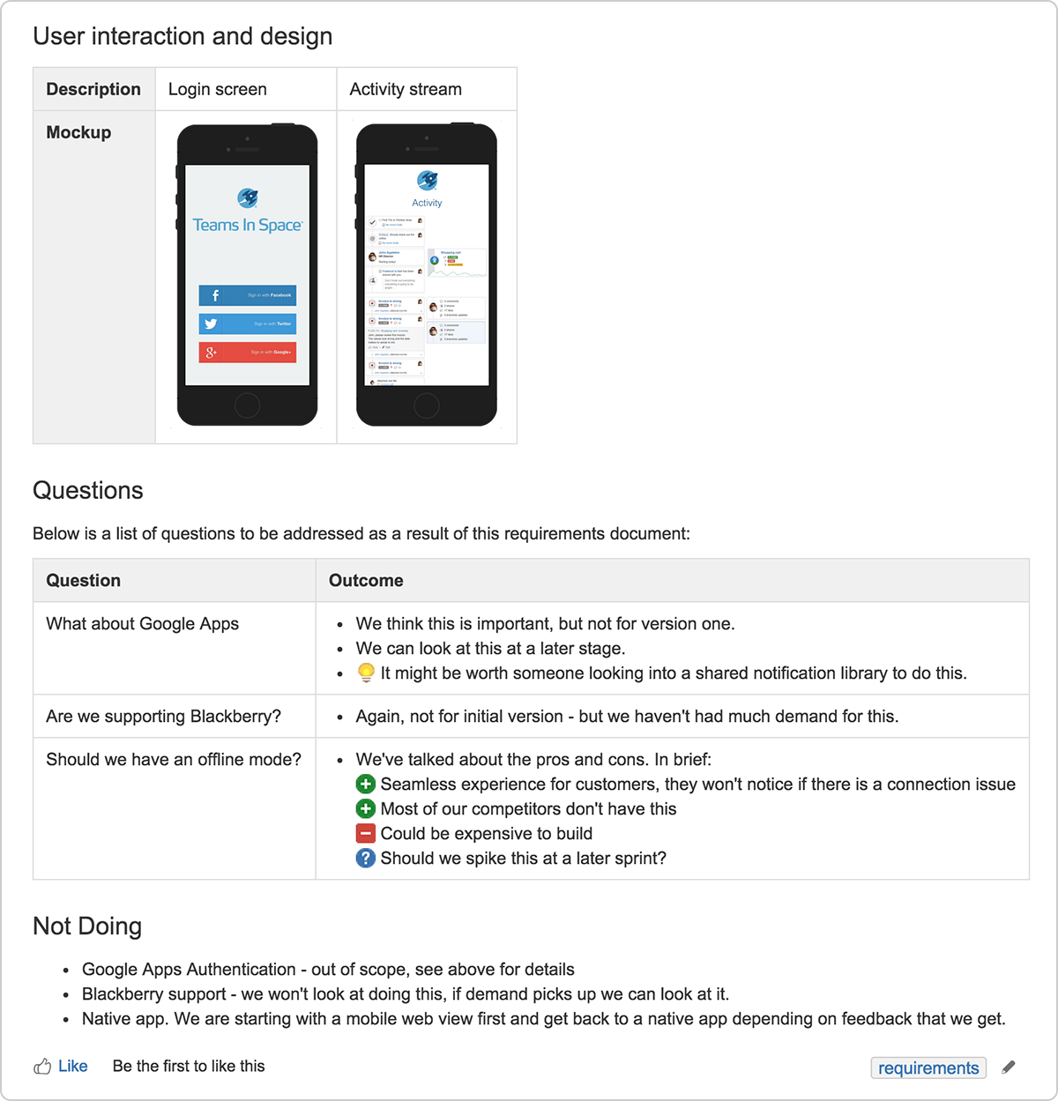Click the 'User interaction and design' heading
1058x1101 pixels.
[x=183, y=36]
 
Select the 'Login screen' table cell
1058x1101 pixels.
[x=217, y=89]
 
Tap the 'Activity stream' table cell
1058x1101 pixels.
[x=406, y=89]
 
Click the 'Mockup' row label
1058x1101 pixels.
[x=78, y=132]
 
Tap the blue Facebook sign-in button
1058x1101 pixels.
[x=247, y=295]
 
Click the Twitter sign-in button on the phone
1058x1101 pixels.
[x=247, y=324]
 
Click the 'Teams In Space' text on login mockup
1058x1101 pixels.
[x=247, y=225]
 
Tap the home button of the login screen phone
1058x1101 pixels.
[x=247, y=405]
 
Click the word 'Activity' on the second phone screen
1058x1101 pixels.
[x=427, y=203]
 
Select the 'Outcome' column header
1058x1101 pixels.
[x=366, y=580]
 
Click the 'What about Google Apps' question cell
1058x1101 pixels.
[x=142, y=624]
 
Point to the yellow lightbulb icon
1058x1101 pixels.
[x=366, y=673]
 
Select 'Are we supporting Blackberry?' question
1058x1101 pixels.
[x=163, y=717]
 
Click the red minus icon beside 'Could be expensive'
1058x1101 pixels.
[x=366, y=834]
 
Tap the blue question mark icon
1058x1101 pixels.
[x=366, y=859]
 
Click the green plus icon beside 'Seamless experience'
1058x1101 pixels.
[x=366, y=785]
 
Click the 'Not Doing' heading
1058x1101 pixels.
[x=87, y=926]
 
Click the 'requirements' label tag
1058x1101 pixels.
[x=928, y=1068]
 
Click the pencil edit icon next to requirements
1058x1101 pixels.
[x=1009, y=1068]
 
